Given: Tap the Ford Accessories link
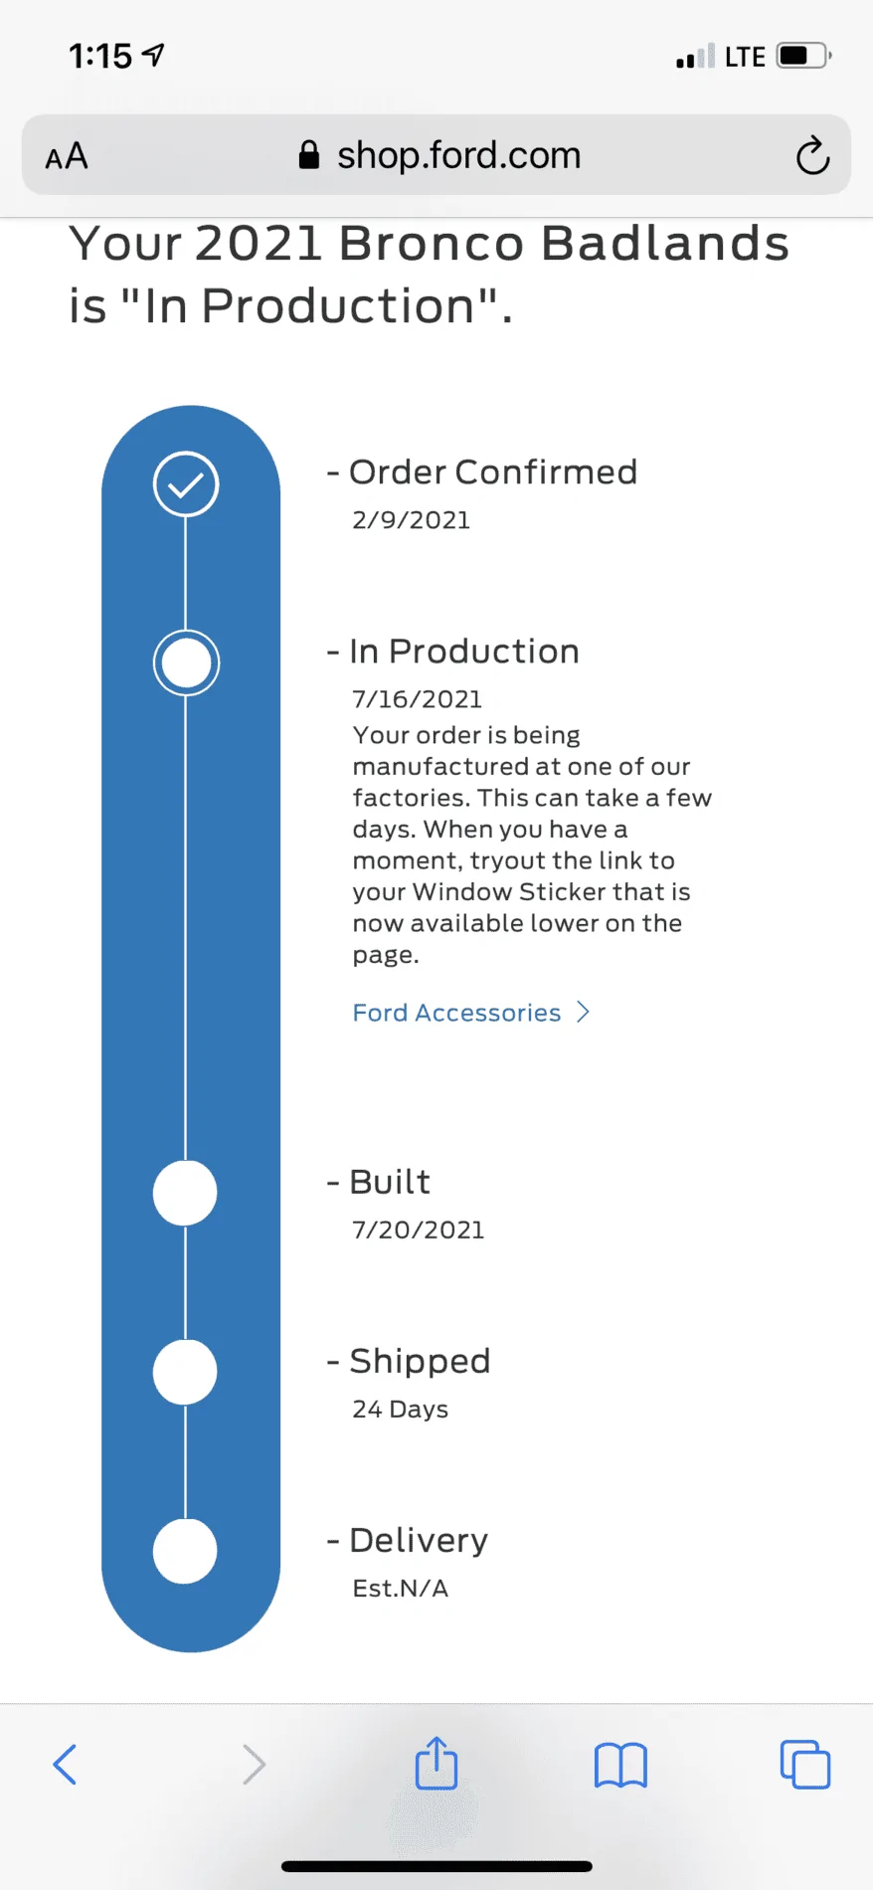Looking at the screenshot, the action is pyautogui.click(x=471, y=1013).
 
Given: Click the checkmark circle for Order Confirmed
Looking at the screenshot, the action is pyautogui.click(x=186, y=484).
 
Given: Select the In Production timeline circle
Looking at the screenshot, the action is pyautogui.click(x=186, y=662).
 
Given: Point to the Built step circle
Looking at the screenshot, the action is pyautogui.click(x=185, y=1193).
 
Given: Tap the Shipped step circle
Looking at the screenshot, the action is pyautogui.click(x=185, y=1372).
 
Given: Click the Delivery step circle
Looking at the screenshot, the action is pyautogui.click(x=185, y=1551).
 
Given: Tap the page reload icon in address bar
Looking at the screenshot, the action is pyautogui.click(x=812, y=155).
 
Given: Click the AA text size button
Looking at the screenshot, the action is pyautogui.click(x=67, y=156).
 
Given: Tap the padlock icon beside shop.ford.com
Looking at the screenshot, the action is pyautogui.click(x=309, y=154).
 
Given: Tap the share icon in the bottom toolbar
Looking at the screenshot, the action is pyautogui.click(x=436, y=1763).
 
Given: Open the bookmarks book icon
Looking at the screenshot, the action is pyautogui.click(x=620, y=1766).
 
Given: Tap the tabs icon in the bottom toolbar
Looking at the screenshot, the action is pyautogui.click(x=805, y=1765).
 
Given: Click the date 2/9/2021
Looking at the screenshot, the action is pyautogui.click(x=412, y=520).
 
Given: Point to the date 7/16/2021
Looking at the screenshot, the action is pyautogui.click(x=418, y=699).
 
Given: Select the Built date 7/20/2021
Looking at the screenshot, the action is pyautogui.click(x=419, y=1230).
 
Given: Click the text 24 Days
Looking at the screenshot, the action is pyautogui.click(x=401, y=1410).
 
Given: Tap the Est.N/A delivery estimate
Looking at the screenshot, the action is pyautogui.click(x=401, y=1589).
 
